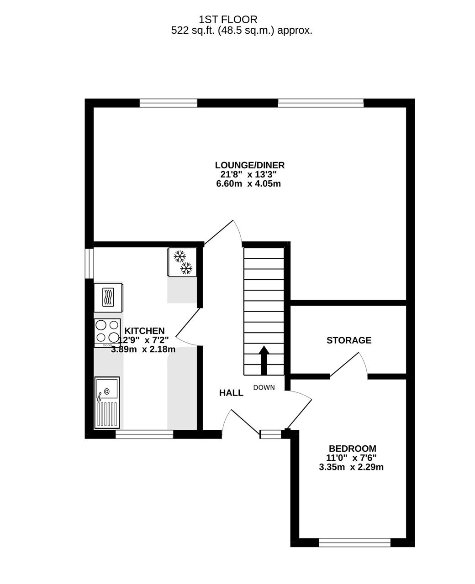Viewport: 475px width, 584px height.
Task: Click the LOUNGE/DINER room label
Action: pos(249,165)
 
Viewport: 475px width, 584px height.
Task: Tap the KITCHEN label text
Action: pos(144,331)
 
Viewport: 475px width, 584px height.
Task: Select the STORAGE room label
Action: pos(349,340)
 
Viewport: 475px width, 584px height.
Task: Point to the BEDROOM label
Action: pos(352,448)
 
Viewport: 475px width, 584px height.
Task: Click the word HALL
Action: pos(231,393)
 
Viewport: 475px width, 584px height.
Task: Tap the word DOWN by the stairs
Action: pos(264,387)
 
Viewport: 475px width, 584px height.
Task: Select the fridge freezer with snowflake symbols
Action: pos(182,262)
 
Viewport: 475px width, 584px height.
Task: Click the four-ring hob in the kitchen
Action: pos(107,333)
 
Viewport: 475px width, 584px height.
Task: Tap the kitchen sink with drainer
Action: pos(107,402)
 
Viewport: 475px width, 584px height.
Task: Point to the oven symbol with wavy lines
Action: pos(108,297)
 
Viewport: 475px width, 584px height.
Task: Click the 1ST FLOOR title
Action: pos(228,20)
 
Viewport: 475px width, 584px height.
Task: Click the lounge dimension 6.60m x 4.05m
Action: pos(248,183)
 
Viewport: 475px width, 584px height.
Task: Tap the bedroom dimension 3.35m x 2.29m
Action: pos(351,467)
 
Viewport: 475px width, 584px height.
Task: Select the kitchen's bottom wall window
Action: pos(144,434)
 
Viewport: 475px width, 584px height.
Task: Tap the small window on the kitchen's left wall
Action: pos(89,263)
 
